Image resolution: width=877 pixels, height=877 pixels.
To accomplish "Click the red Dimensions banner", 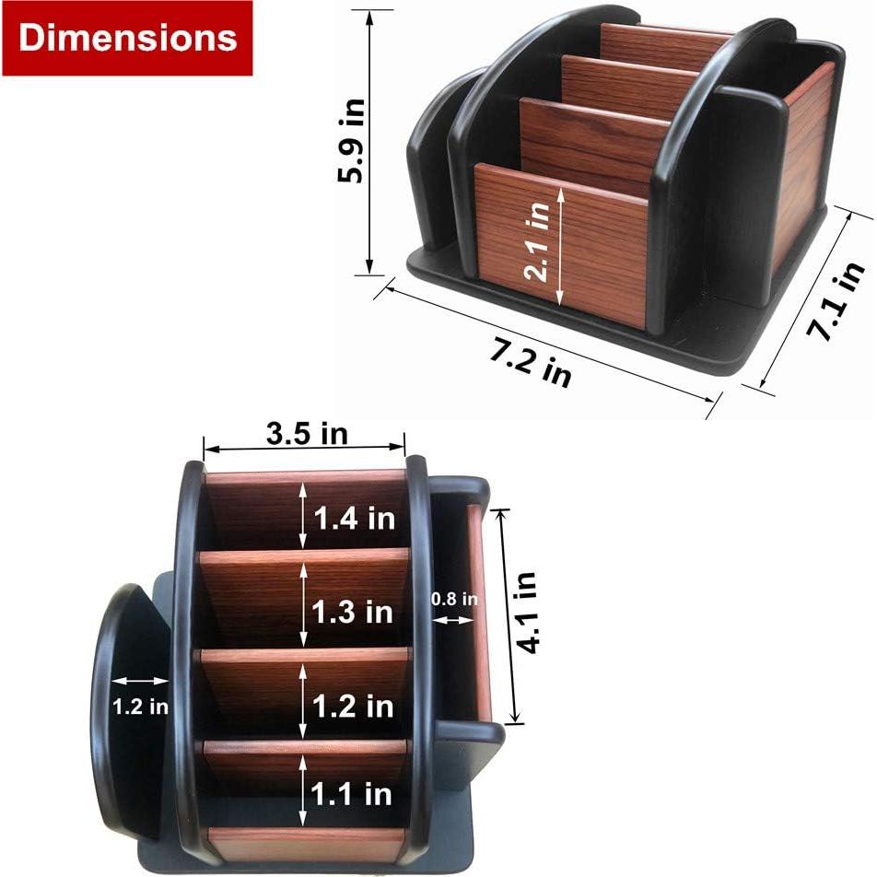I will (127, 38).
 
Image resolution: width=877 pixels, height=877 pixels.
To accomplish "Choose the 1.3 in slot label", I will (354, 612).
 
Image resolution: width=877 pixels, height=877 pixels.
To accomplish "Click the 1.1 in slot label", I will (354, 793).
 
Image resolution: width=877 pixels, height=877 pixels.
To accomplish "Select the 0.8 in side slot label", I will (455, 599).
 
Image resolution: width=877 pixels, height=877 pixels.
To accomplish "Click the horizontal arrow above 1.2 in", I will (139, 682).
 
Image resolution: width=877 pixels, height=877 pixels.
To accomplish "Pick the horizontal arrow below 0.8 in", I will (453, 620).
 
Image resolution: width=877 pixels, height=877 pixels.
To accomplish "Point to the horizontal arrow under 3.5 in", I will (304, 450).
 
